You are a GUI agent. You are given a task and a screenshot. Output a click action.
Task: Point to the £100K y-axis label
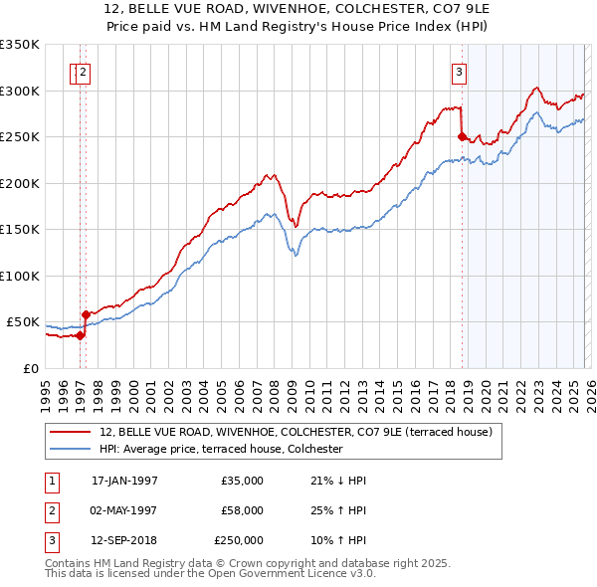[x=20, y=276]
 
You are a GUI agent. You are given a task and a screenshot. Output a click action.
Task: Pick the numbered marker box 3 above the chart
[x=459, y=71]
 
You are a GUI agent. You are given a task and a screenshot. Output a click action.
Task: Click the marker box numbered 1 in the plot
[x=75, y=71]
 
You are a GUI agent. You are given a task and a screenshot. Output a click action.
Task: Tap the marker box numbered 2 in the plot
[x=86, y=71]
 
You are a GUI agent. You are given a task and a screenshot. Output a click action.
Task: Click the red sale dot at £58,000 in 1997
[x=86, y=314]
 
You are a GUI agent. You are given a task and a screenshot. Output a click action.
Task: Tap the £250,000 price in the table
[x=239, y=540]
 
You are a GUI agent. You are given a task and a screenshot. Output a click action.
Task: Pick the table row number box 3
[x=52, y=540]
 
